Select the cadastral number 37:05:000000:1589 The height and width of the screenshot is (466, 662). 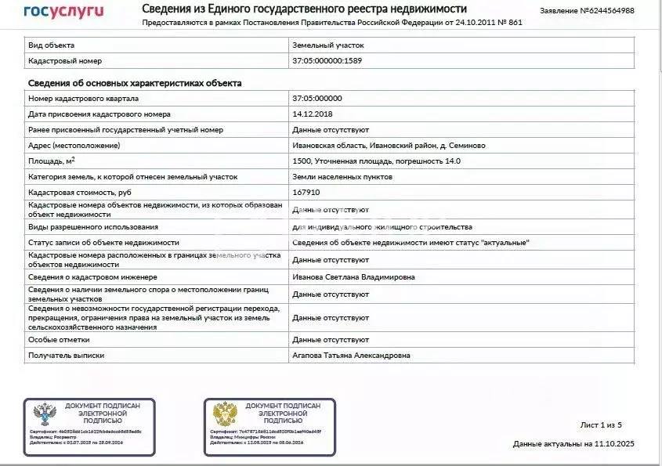(x=327, y=60)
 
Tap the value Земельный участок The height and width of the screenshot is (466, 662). (x=327, y=45)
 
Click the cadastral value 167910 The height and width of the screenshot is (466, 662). (x=306, y=192)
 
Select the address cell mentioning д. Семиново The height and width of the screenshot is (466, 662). (x=389, y=145)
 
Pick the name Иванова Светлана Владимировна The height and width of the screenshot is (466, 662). (x=353, y=276)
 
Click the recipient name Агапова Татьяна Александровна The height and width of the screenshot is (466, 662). (x=351, y=356)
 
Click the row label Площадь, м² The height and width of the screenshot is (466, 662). (x=52, y=161)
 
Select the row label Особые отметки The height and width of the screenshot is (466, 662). (x=59, y=340)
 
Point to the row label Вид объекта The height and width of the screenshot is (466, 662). (x=52, y=45)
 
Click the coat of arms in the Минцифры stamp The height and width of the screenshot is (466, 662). (x=226, y=414)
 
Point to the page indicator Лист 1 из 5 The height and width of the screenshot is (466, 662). (x=600, y=424)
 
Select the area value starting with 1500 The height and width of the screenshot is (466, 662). (x=376, y=161)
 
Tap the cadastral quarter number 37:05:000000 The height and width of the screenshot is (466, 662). (x=317, y=99)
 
